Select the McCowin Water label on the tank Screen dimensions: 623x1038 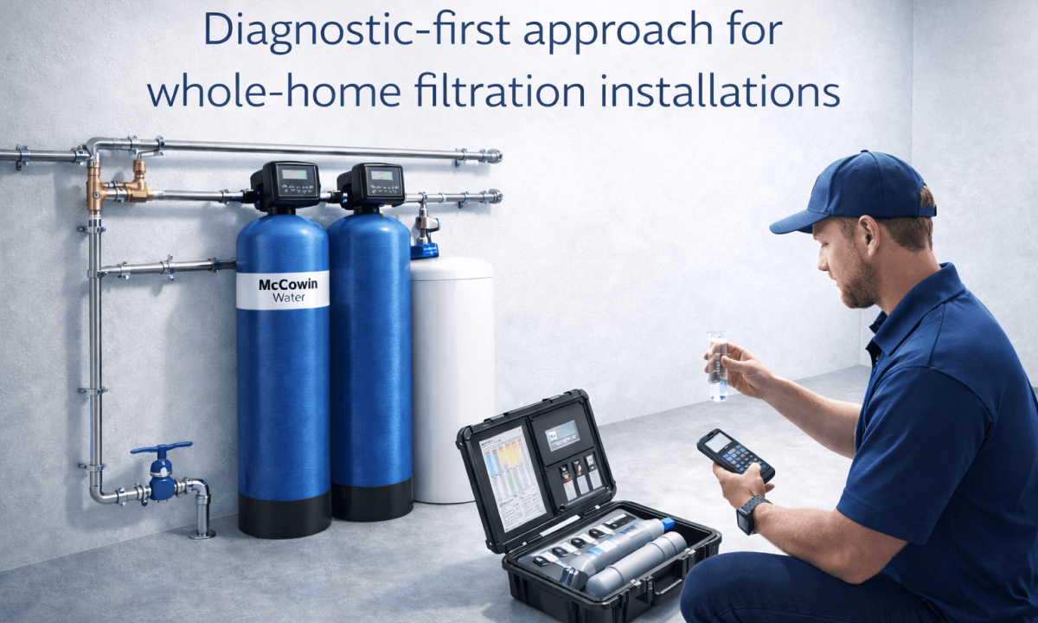pyautogui.click(x=282, y=291)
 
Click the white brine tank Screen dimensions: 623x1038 pyautogui.click(x=452, y=381)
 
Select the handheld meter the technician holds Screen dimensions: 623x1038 pyautogui.click(x=734, y=453)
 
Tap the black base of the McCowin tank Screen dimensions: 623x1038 pyautogui.click(x=284, y=514)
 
